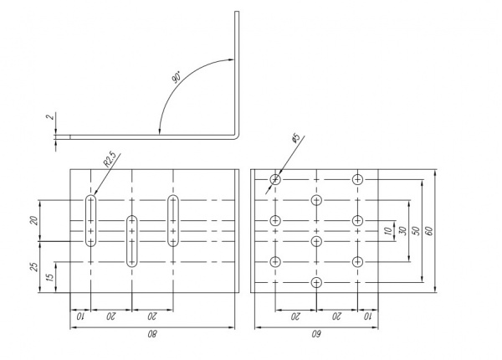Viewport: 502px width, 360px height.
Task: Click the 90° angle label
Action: pyautogui.click(x=177, y=78)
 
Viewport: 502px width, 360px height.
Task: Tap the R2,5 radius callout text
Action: pyautogui.click(x=110, y=158)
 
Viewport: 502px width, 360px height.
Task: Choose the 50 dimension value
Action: pyautogui.click(x=416, y=230)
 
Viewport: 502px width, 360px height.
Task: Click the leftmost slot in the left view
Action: pyautogui.click(x=90, y=220)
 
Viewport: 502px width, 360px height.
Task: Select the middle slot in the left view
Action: pyautogui.click(x=131, y=240)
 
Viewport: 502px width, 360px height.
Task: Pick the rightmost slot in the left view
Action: pyautogui.click(x=173, y=220)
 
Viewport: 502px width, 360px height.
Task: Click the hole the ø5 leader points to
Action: pyautogui.click(x=275, y=179)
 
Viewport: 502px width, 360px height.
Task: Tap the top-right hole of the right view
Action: pyautogui.click(x=357, y=179)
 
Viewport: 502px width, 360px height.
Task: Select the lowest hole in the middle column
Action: pyautogui.click(x=316, y=282)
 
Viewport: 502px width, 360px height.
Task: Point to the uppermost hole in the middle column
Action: pyautogui.click(x=316, y=199)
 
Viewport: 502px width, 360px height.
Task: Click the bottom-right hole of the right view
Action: pyautogui.click(x=357, y=261)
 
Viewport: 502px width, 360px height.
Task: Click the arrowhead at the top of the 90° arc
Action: pyautogui.click(x=229, y=58)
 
